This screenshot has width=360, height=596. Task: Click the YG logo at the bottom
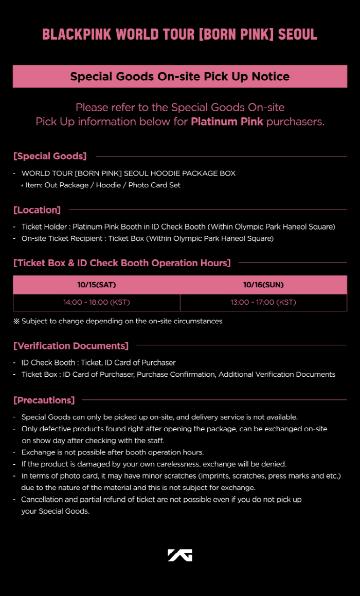179,555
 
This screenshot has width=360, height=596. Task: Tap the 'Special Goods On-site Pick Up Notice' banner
180,77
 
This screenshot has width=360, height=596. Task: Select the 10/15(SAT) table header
97,285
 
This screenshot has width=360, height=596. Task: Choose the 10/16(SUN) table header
263,285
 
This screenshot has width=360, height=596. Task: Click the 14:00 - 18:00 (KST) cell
97,302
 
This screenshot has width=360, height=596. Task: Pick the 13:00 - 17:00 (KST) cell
263,302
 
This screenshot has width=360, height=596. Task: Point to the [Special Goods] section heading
50,156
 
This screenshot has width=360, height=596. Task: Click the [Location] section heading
37,210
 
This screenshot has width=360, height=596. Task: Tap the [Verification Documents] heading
71,346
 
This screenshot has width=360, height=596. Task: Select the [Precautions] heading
44,400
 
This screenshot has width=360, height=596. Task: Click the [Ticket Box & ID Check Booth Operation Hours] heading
122,263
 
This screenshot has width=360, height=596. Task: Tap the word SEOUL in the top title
297,34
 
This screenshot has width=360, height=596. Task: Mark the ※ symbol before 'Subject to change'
16,321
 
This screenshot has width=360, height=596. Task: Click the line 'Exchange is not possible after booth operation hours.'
113,452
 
